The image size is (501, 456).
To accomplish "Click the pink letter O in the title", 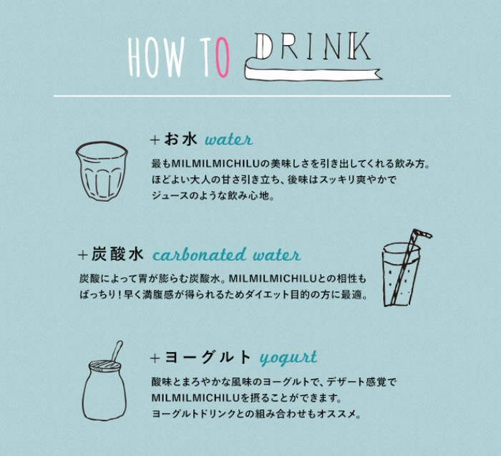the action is click(222, 57).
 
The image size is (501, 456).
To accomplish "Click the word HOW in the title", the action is click(156, 57).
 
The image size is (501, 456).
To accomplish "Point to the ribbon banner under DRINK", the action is click(313, 72).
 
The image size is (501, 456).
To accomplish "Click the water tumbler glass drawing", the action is click(102, 171).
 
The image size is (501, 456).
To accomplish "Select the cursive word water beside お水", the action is click(229, 140).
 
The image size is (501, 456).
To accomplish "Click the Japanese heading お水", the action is click(180, 140).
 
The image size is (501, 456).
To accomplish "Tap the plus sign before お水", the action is click(155, 140).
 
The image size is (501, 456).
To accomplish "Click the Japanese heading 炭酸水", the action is click(117, 255).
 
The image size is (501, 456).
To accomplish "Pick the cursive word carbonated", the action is click(200, 255).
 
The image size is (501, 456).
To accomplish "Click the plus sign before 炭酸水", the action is click(83, 255).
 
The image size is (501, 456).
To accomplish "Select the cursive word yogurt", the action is click(288, 358).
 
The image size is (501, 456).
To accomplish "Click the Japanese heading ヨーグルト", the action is click(208, 357).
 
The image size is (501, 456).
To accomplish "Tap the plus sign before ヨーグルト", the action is click(155, 358).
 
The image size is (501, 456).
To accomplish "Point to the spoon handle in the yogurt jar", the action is click(117, 350).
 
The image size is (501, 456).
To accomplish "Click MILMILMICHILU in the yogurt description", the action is click(195, 398).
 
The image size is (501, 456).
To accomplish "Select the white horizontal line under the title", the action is click(252, 95).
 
